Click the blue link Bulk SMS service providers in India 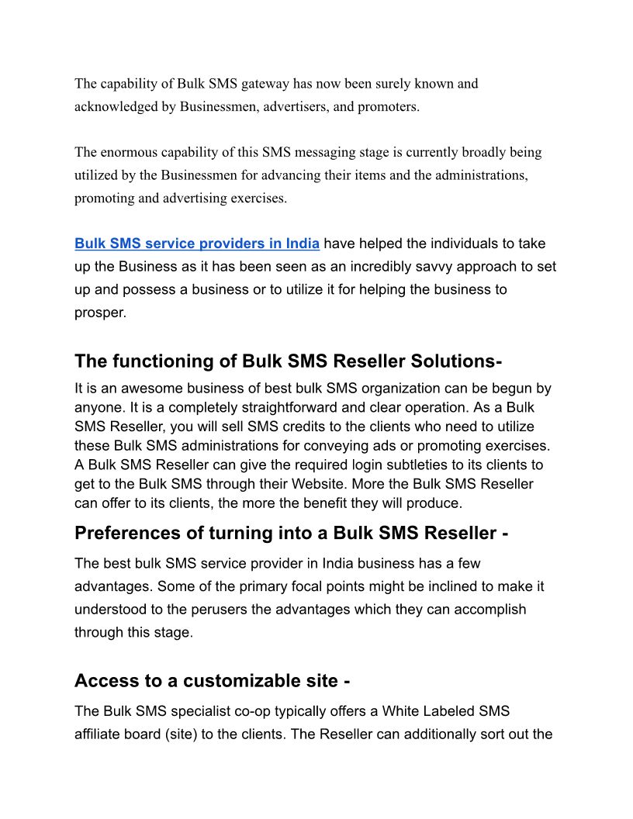(x=197, y=244)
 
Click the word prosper (x=100, y=313)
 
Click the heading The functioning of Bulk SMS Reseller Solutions (x=288, y=361)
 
